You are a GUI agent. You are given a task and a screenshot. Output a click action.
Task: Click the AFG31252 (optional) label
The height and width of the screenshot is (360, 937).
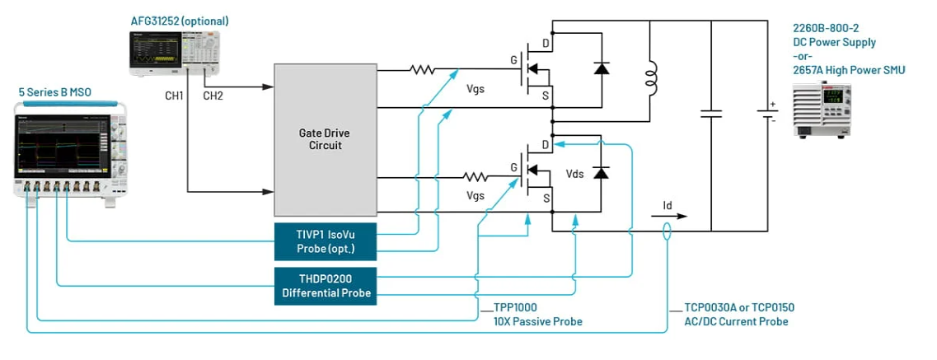pos(179,21)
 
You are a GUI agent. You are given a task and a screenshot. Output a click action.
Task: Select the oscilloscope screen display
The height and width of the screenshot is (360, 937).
pos(62,148)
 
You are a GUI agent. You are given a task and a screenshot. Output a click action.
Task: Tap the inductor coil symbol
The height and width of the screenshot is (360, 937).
pos(651,78)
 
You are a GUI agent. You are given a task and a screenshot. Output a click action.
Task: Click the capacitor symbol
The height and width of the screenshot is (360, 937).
pos(710,114)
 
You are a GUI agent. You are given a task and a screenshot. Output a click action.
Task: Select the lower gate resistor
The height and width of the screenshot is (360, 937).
pos(476,176)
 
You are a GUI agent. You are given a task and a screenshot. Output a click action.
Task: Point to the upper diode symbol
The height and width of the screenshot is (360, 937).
pos(601,68)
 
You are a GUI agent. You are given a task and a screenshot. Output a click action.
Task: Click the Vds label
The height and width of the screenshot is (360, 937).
pos(575,175)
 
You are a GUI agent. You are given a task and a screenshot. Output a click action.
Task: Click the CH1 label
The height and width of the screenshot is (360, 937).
pos(175,96)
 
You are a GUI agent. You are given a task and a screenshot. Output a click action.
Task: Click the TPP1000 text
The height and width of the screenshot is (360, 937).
pos(515,307)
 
